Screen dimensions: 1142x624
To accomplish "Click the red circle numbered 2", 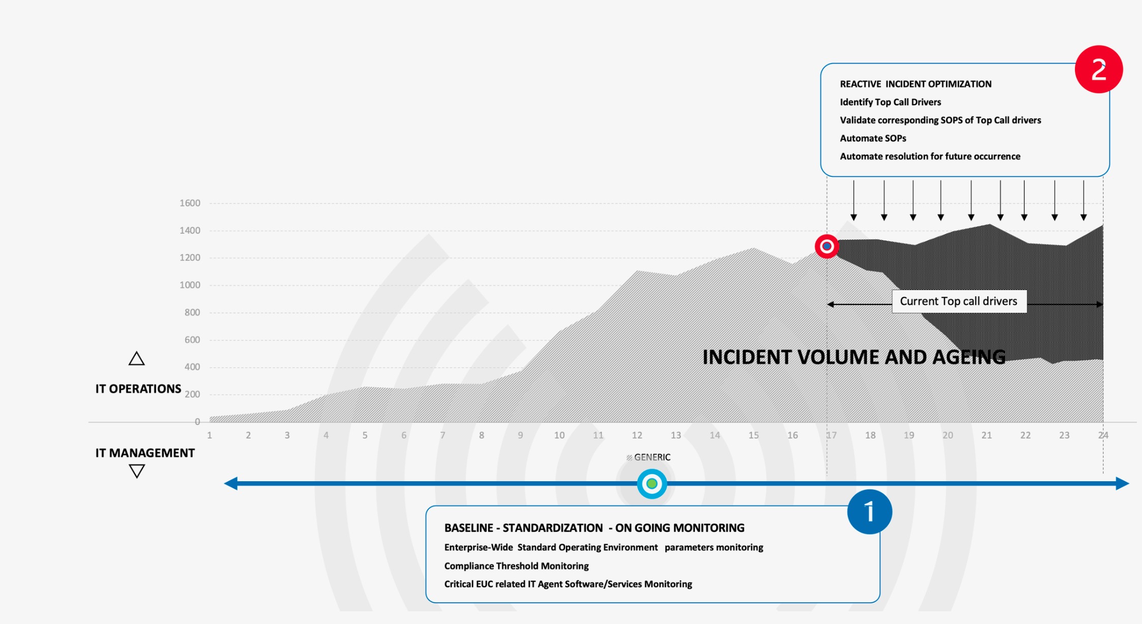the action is point(1098,69).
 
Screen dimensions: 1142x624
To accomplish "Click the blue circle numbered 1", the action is point(869,512).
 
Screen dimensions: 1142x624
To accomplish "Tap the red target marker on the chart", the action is point(827,246).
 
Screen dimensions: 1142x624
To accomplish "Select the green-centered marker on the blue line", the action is point(652,484).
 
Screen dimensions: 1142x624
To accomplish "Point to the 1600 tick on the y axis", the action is point(190,203).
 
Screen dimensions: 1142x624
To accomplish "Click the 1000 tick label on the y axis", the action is point(190,285).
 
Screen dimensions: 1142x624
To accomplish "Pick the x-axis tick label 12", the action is point(637,435).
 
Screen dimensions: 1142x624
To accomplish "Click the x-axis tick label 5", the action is point(365,435).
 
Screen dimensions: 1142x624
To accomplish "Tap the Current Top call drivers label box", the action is point(959,301).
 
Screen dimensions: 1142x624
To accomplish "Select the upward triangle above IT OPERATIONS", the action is point(137,359).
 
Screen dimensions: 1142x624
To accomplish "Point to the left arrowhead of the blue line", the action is point(231,484).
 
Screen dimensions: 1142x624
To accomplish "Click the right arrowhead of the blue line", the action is point(1122,484).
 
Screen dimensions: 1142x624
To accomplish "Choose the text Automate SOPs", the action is point(873,138).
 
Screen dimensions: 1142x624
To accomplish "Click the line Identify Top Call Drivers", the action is point(890,102).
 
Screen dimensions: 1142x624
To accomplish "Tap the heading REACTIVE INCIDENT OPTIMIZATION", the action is point(915,84).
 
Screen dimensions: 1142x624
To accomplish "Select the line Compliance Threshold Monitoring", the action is point(516,566).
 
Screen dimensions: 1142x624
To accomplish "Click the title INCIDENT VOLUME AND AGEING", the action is point(854,357).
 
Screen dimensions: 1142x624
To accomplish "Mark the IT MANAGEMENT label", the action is point(145,453).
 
